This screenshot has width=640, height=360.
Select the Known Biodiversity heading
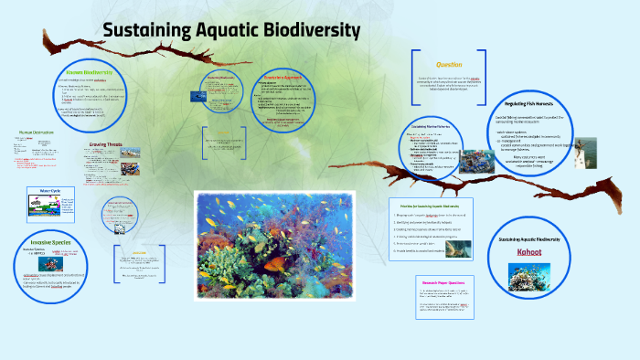[x=89, y=72]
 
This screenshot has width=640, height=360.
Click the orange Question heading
[x=449, y=65]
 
